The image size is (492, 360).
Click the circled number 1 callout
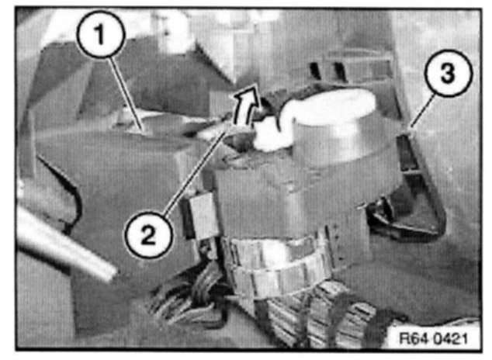click(100, 34)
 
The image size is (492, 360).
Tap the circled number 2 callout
click(148, 234)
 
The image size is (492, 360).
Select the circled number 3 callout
click(448, 73)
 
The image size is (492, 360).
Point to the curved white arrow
click(248, 103)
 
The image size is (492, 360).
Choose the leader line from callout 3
click(423, 111)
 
